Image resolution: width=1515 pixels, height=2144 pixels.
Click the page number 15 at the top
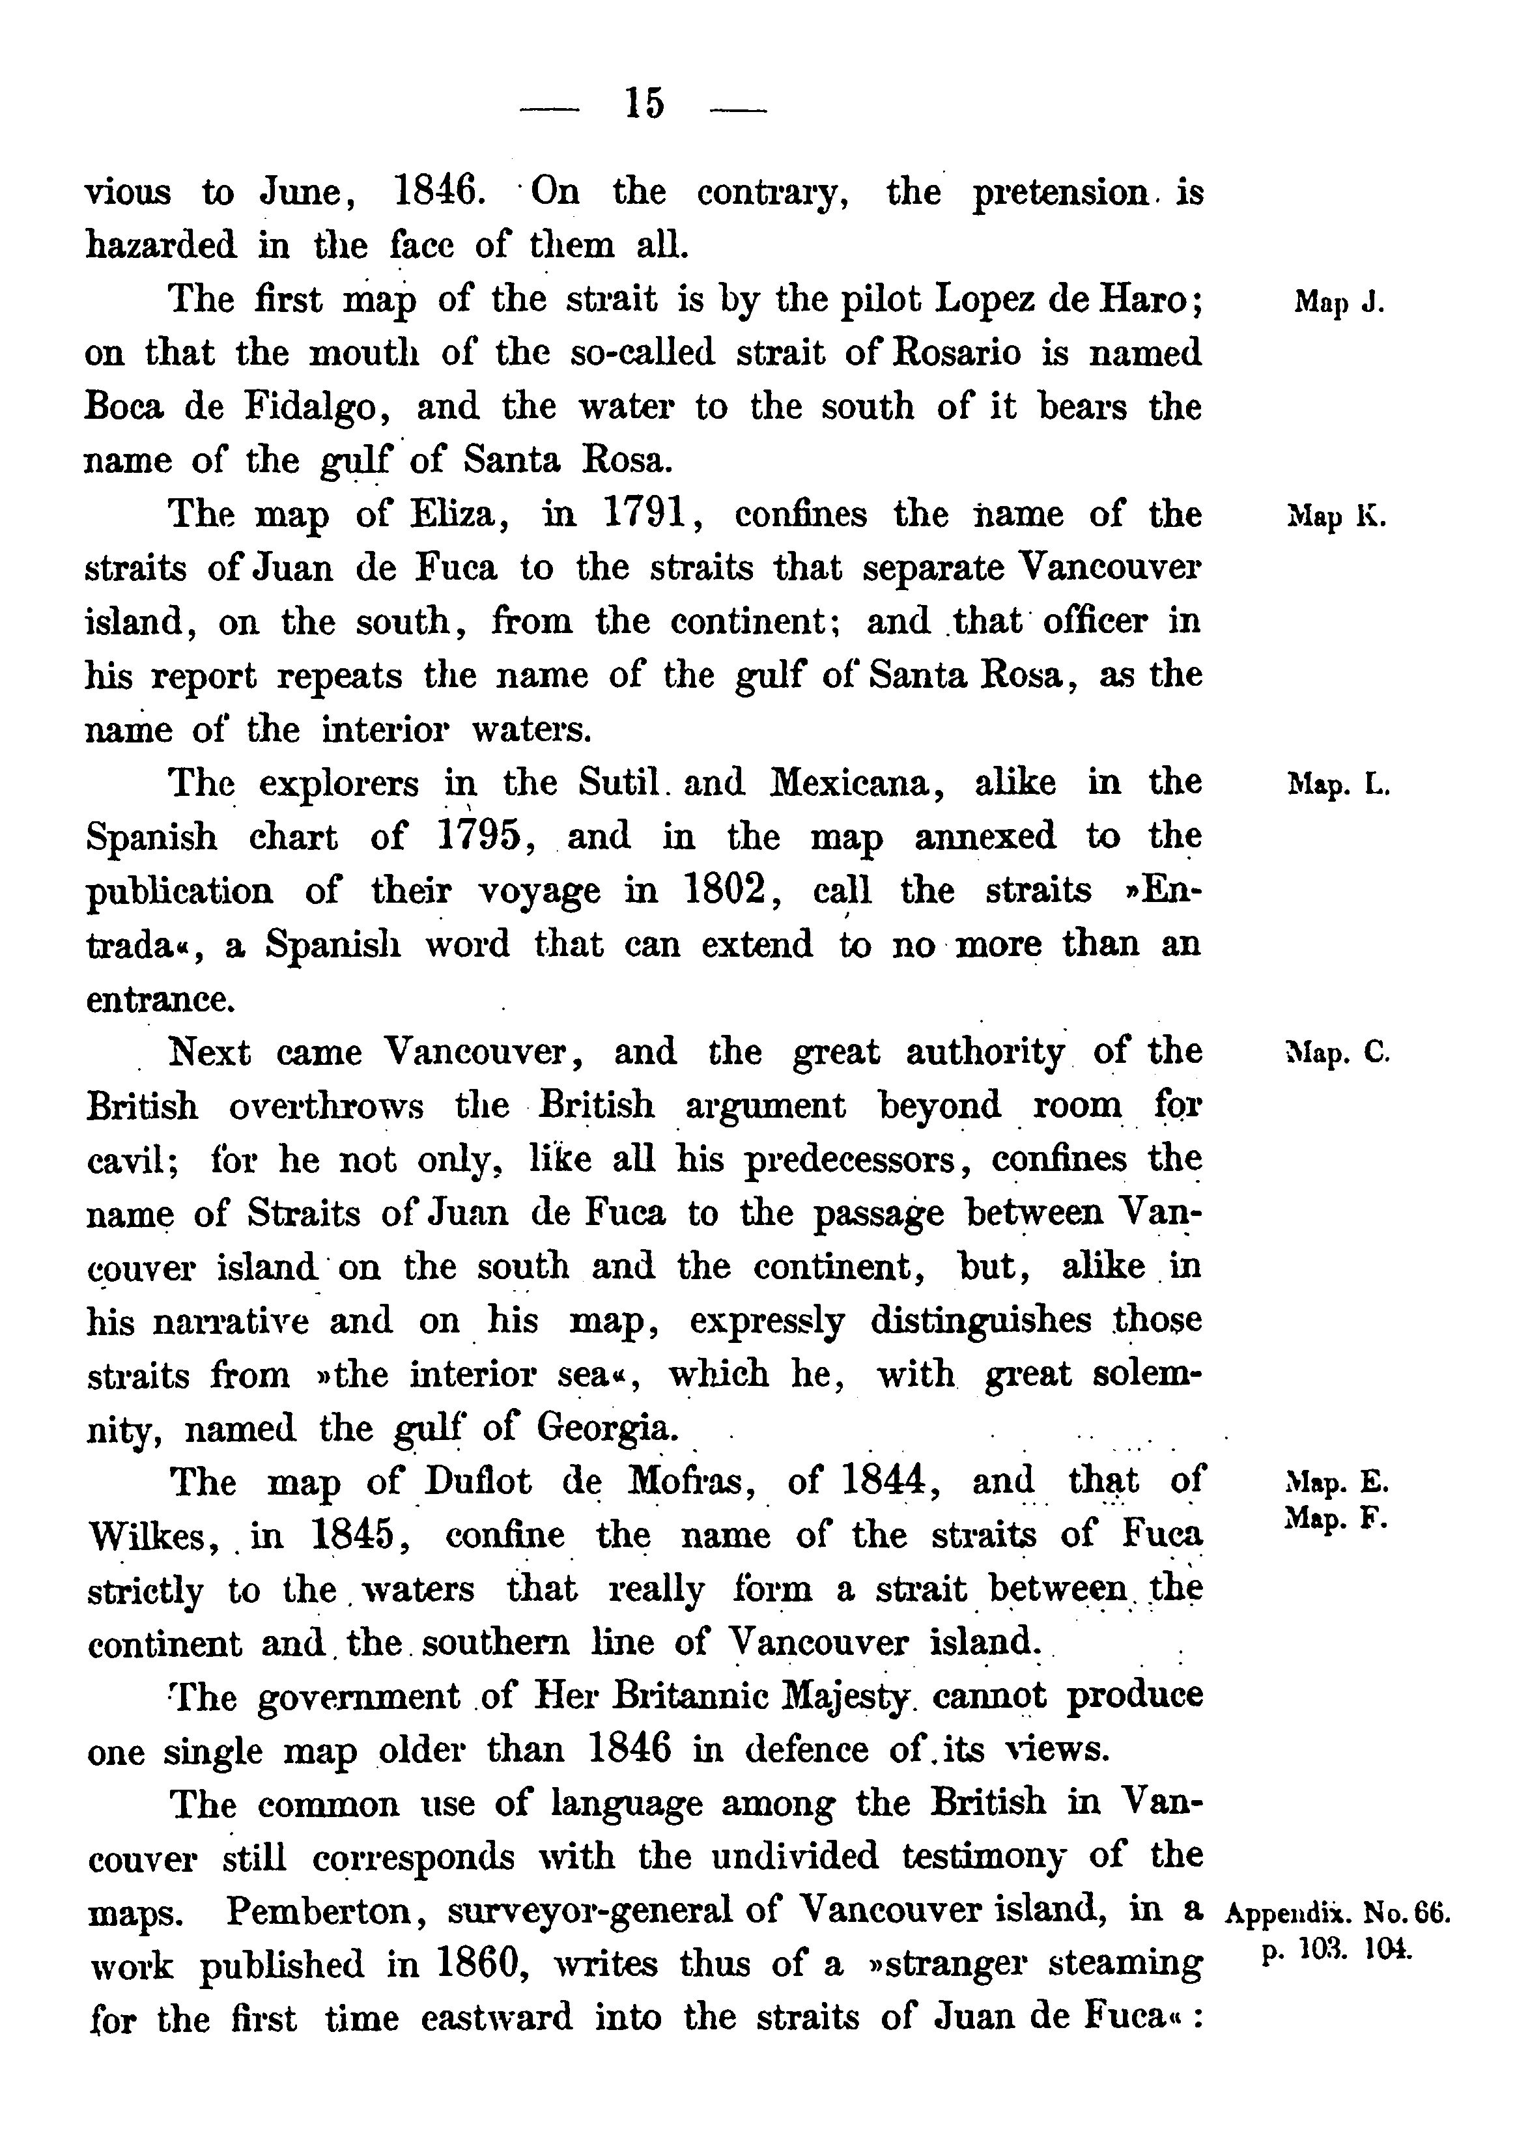coord(644,103)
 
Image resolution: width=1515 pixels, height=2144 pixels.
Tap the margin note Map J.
coord(1338,303)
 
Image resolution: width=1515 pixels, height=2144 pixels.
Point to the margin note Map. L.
coord(1338,784)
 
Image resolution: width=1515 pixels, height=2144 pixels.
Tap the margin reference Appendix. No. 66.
coord(1337,1913)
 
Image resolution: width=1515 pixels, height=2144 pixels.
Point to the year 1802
coord(728,890)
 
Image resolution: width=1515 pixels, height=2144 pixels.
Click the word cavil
coord(125,1160)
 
